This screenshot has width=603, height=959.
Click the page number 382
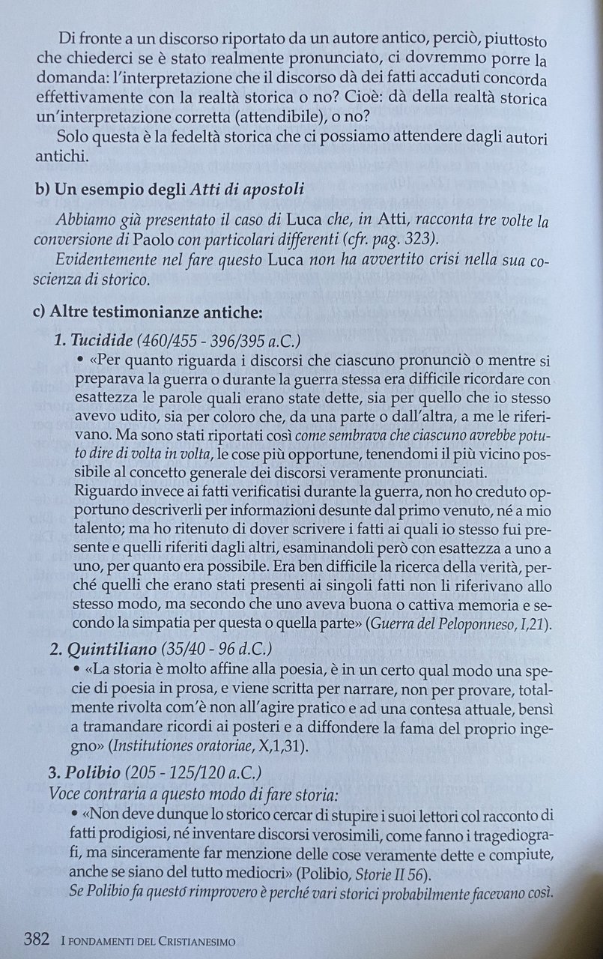click(x=37, y=940)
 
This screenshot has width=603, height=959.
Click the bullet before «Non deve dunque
click(x=76, y=812)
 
